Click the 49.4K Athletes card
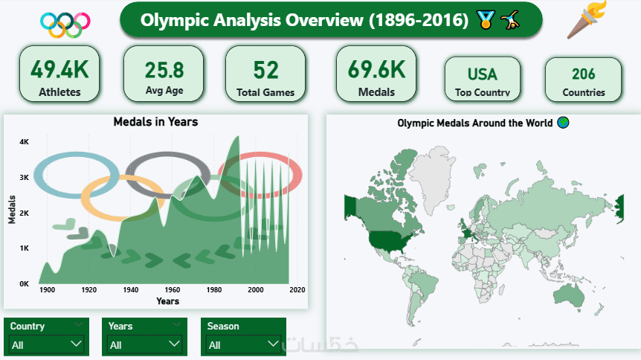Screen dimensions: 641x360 click(59, 74)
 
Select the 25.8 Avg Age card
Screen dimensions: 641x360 click(164, 74)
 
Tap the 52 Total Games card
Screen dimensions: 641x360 click(265, 74)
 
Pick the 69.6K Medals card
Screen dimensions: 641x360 click(376, 74)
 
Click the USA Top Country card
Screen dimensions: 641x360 click(483, 79)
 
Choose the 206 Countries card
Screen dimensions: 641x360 click(583, 80)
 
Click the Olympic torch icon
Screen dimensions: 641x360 click(587, 19)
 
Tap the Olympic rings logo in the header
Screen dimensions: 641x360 click(65, 25)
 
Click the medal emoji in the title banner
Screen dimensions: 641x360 click(486, 19)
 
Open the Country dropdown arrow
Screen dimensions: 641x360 click(76, 344)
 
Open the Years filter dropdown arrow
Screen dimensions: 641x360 click(174, 344)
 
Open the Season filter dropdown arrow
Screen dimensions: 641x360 click(273, 344)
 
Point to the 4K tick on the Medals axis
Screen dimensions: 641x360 click(24, 142)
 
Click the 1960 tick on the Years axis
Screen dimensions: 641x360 click(173, 289)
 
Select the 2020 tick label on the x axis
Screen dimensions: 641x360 click(297, 289)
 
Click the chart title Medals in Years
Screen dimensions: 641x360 click(155, 122)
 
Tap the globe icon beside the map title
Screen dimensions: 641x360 click(564, 122)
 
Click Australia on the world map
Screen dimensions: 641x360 click(569, 295)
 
